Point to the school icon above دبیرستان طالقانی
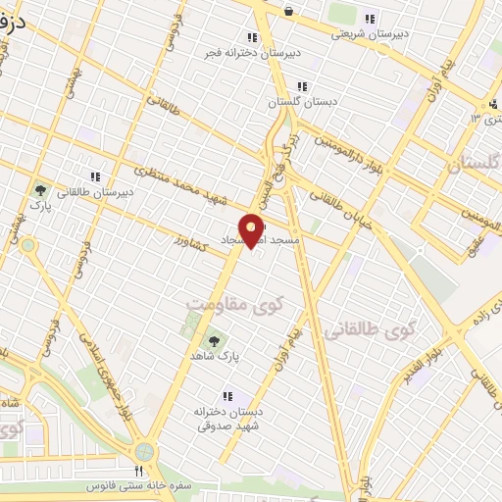click(96, 176)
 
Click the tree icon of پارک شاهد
click(213, 340)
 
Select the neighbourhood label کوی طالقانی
click(374, 330)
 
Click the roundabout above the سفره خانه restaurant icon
click(146, 452)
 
